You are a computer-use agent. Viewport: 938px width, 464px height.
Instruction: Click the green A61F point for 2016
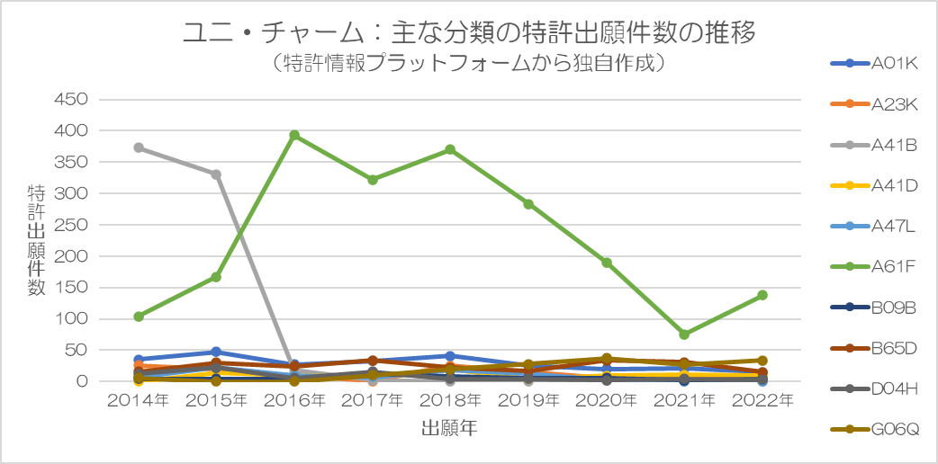pos(294,136)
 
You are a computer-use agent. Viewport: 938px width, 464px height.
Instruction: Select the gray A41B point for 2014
pos(139,147)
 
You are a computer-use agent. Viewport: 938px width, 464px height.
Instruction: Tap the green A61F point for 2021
pos(684,335)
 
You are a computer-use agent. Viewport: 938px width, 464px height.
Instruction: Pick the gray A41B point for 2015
pos(217,174)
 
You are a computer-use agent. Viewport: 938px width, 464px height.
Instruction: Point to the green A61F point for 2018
pos(450,149)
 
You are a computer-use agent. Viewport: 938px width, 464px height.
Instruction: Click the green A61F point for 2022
pos(762,295)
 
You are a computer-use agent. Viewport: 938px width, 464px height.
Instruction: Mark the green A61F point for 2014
pos(139,317)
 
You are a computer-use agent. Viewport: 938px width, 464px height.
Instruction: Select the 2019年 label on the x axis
pos(528,399)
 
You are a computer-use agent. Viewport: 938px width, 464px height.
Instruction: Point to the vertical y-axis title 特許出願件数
pos(36,240)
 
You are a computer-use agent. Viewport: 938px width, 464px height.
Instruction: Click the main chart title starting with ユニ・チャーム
pos(468,33)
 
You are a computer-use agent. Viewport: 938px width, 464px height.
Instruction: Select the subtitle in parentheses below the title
pos(468,64)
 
